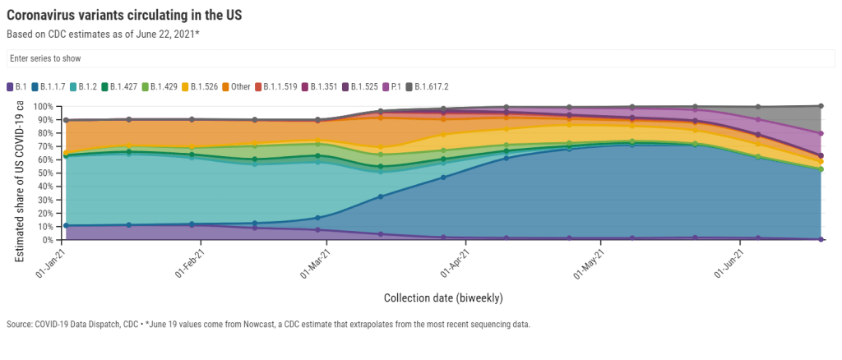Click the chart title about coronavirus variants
124,16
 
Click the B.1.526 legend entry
201,86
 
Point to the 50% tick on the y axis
43,173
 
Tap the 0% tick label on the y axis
46,240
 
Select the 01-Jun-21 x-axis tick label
730,262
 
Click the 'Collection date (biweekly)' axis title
443,297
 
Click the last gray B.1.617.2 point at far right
821,106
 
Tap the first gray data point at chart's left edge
65,120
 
